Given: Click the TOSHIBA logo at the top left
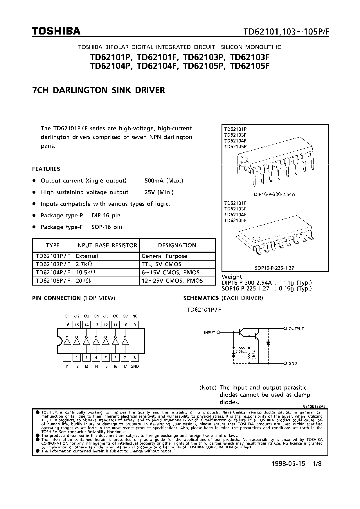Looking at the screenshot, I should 56,31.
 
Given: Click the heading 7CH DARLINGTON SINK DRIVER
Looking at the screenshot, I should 98,90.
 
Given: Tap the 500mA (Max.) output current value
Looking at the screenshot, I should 164,181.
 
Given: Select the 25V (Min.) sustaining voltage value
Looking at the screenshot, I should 159,192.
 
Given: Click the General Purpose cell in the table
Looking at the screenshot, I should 164,256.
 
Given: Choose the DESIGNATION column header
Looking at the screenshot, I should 177,245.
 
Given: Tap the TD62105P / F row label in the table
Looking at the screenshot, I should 53,281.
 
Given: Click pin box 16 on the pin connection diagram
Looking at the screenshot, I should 67,325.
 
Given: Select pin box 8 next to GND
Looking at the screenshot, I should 135,358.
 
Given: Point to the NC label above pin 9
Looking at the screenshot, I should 135,316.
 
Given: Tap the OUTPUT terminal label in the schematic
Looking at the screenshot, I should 296,328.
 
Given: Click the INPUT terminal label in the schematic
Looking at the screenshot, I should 209,333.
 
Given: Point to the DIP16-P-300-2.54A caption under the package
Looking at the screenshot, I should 274,194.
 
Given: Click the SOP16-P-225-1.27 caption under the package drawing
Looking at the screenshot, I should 274,268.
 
